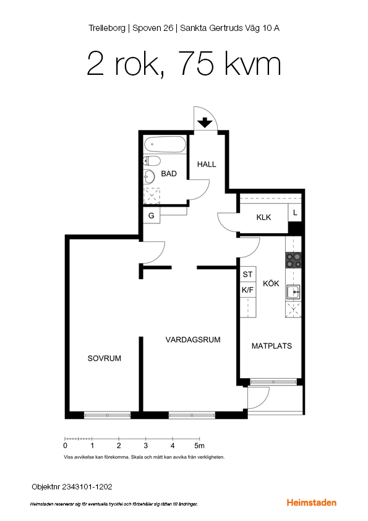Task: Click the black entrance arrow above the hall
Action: tap(205, 123)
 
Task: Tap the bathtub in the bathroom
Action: tap(165, 144)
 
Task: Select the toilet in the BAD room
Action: tap(152, 161)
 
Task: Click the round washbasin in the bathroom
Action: tap(149, 177)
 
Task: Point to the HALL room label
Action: tap(207, 164)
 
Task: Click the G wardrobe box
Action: tap(152, 216)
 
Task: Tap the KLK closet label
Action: tap(263, 217)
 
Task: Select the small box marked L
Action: tap(294, 213)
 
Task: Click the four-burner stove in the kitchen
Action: tap(294, 260)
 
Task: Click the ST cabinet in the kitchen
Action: tap(248, 274)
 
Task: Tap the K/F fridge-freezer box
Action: tap(248, 290)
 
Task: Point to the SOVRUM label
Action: tap(105, 358)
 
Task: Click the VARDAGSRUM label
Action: tap(193, 340)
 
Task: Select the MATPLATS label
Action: tap(272, 346)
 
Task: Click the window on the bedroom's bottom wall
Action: tap(107, 415)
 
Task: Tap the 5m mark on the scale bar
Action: tap(199, 446)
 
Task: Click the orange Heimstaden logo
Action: tap(312, 502)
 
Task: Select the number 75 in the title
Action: tap(197, 64)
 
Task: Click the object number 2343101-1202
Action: tap(87, 487)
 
